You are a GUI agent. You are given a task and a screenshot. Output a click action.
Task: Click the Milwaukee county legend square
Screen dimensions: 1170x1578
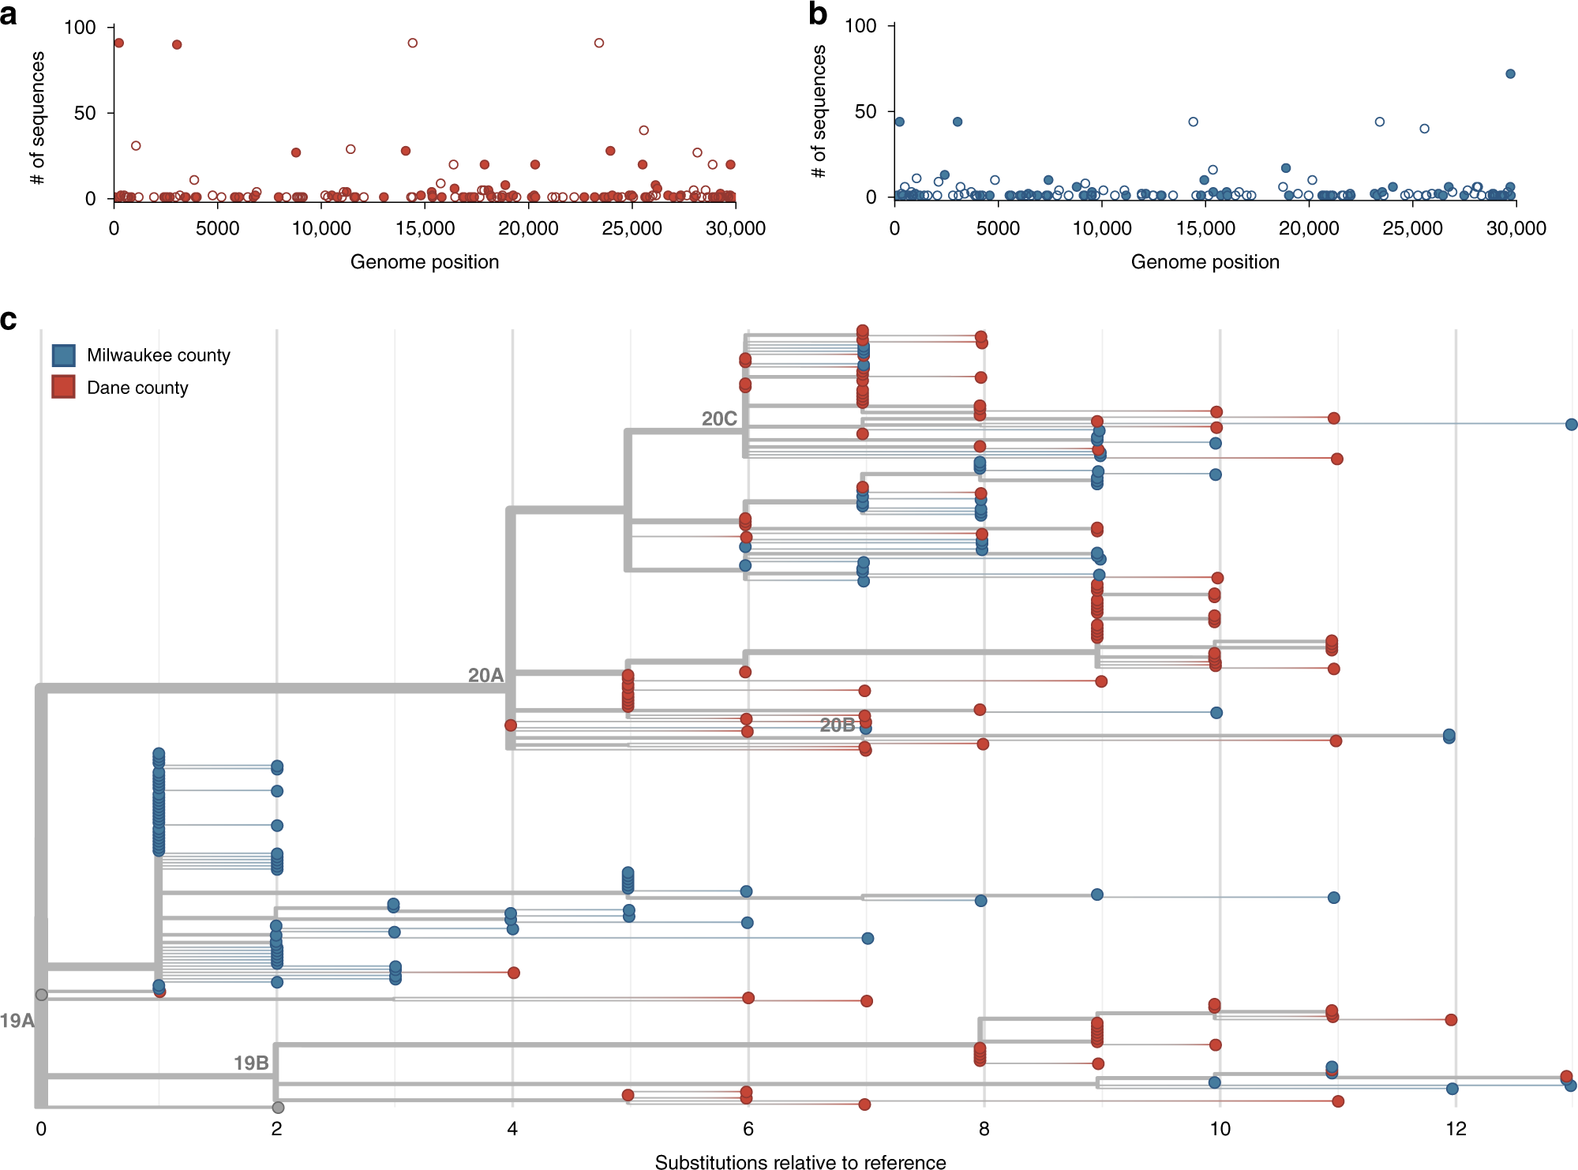pos(64,355)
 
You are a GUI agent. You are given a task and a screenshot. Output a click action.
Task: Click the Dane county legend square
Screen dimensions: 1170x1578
pos(64,387)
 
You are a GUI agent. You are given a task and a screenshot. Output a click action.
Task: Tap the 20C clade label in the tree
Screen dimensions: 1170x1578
pos(718,418)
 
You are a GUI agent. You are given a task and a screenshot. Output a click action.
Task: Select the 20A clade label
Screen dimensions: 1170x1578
pos(485,675)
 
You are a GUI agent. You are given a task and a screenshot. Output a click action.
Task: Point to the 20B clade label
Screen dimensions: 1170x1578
pos(837,725)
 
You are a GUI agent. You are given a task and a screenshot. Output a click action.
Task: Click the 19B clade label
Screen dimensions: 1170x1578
pos(251,1063)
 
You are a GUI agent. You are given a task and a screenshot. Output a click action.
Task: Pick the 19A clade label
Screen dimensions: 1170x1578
pos(17,1020)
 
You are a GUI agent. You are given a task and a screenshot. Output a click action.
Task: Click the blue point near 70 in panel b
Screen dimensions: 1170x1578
pos(1510,73)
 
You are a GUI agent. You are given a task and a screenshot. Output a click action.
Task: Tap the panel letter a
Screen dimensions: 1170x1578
pos(9,14)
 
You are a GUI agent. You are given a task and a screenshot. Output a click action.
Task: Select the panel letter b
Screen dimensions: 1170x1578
pos(818,14)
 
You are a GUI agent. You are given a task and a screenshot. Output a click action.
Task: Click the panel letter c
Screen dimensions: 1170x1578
pos(9,320)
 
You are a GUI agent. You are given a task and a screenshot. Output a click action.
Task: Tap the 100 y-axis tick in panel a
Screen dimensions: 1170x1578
pos(80,28)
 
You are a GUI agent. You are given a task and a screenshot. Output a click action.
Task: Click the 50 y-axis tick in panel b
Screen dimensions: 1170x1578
pos(865,111)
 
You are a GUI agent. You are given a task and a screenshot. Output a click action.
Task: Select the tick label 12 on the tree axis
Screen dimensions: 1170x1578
pos(1456,1128)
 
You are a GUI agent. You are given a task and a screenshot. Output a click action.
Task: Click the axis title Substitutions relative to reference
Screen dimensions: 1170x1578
pos(800,1161)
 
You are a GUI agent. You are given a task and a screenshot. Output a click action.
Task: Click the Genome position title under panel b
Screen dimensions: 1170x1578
pos(1205,261)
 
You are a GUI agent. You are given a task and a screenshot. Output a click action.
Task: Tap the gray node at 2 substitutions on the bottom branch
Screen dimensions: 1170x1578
pos(278,1107)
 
